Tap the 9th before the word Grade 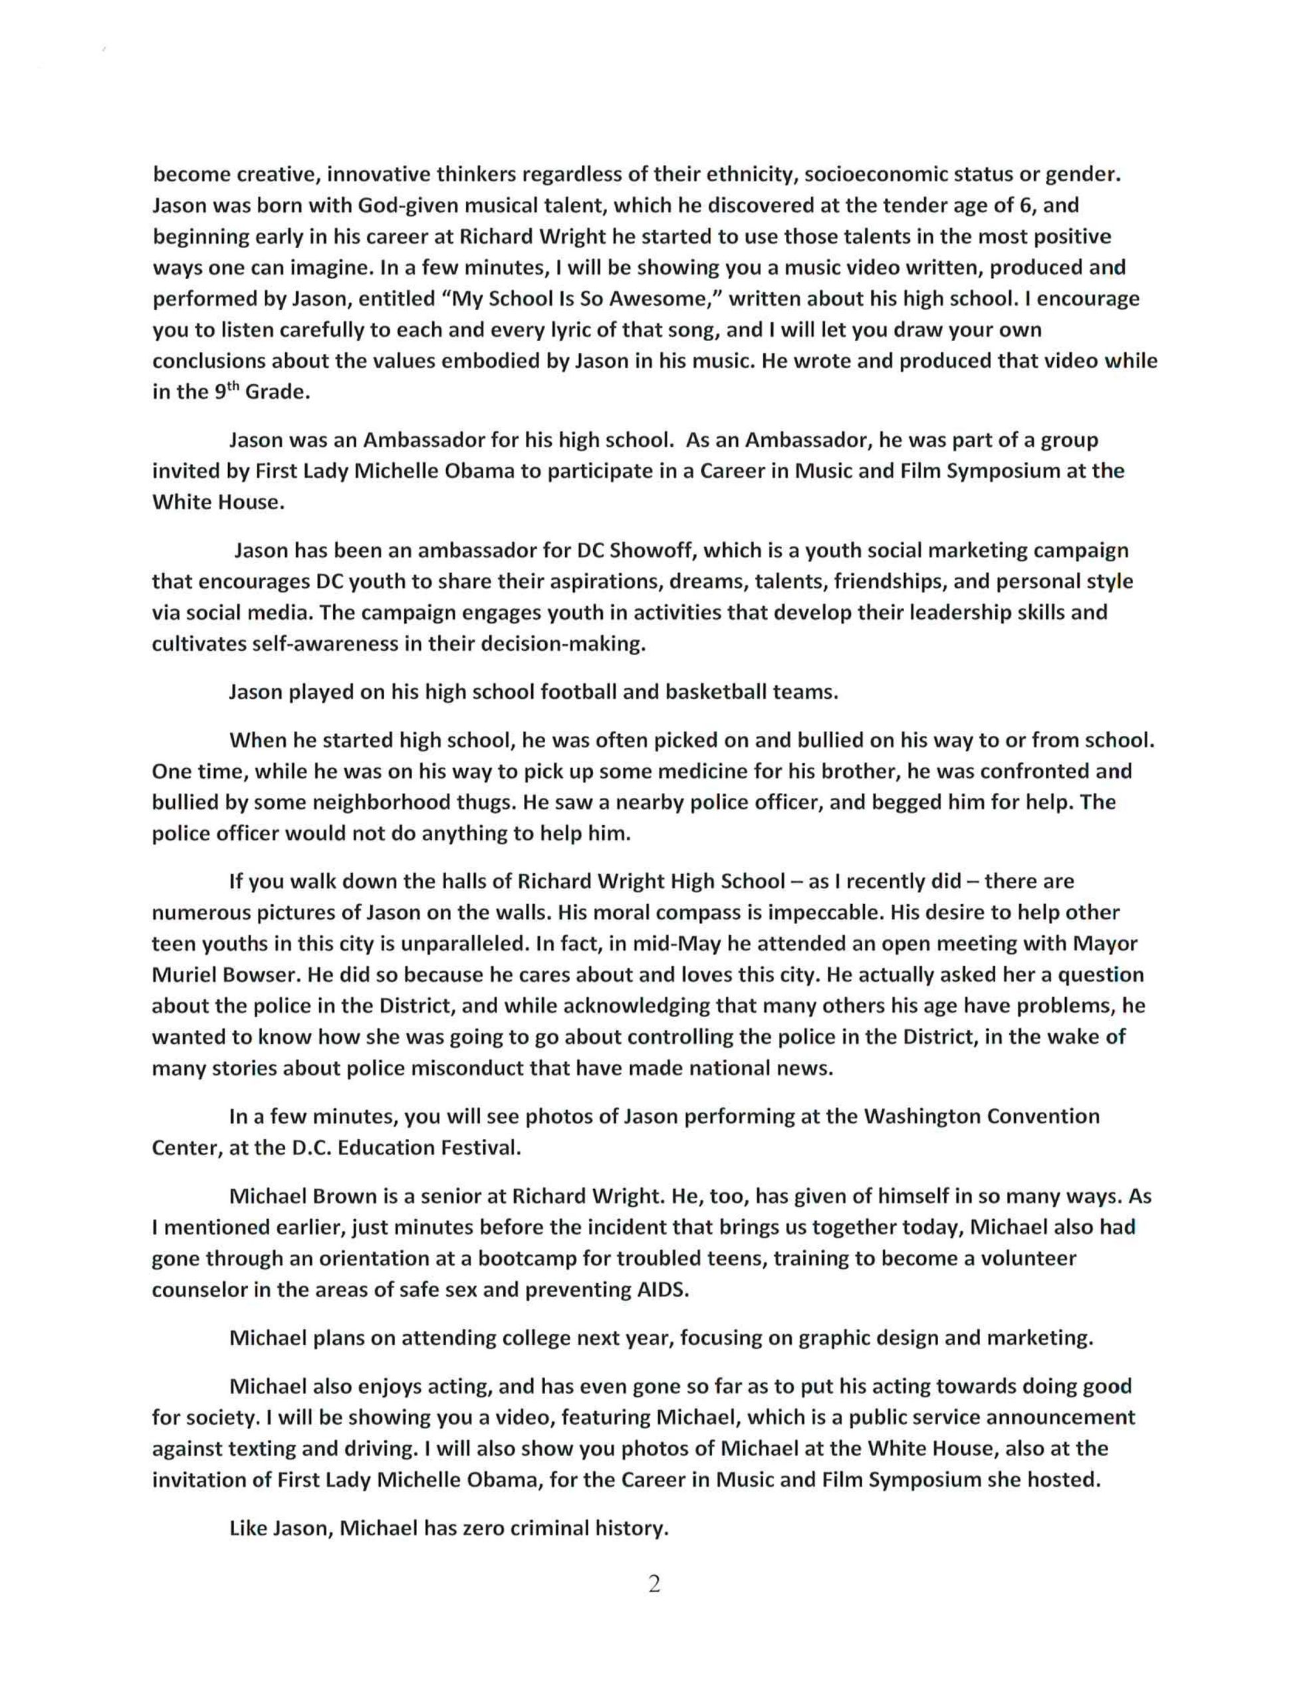tap(223, 391)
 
